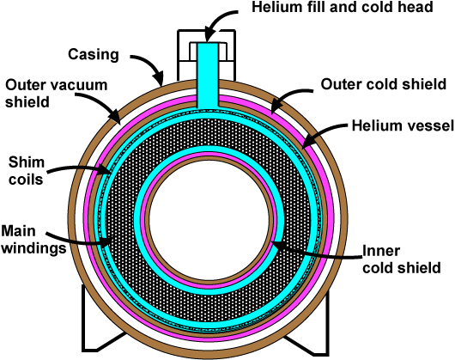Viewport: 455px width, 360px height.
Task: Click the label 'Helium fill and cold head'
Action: pyautogui.click(x=343, y=7)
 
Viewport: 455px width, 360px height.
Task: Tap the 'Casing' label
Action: pyautogui.click(x=94, y=55)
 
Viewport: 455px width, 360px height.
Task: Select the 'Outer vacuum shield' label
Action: pyautogui.click(x=57, y=94)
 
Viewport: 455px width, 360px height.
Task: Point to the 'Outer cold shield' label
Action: pyautogui.click(x=384, y=84)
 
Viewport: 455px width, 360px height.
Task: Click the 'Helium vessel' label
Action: pyautogui.click(x=403, y=125)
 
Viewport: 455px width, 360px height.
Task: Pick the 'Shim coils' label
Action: pyautogui.click(x=26, y=171)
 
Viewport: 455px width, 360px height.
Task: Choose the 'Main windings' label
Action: pyautogui.click(x=33, y=240)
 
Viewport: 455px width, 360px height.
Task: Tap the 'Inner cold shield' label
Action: pyautogui.click(x=402, y=259)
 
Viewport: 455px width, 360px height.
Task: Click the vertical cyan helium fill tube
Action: pyautogui.click(x=208, y=76)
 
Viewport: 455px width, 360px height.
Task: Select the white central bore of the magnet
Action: pyautogui.click(x=209, y=220)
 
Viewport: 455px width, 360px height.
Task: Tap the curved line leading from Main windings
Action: pyautogui.click(x=78, y=239)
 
